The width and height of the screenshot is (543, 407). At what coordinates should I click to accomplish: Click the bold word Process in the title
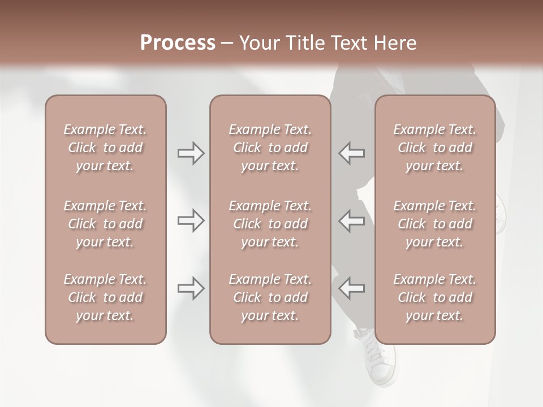click(x=178, y=43)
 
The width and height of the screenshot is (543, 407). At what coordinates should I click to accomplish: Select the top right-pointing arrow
click(x=191, y=153)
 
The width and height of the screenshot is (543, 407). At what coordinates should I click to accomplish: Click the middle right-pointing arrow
click(x=191, y=220)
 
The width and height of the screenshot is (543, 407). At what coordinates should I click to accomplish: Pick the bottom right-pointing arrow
click(x=191, y=288)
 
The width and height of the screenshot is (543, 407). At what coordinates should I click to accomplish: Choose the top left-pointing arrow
click(x=351, y=153)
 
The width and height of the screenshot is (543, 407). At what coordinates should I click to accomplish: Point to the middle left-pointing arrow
click(x=351, y=220)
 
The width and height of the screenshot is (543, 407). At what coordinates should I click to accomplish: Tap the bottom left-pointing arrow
click(x=351, y=288)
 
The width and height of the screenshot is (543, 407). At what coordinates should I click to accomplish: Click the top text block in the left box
click(x=105, y=148)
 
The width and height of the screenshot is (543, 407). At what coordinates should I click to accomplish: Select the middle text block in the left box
click(x=105, y=224)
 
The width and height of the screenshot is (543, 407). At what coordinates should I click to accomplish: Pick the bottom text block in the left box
click(x=105, y=297)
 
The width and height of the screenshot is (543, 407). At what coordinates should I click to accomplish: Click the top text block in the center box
click(x=270, y=148)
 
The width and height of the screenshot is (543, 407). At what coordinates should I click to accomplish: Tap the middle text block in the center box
click(x=270, y=224)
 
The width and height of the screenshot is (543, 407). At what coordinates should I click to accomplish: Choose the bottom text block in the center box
click(x=270, y=297)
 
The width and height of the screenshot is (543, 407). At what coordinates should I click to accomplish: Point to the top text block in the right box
click(x=435, y=148)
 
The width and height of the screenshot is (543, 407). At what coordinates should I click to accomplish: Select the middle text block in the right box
click(x=435, y=224)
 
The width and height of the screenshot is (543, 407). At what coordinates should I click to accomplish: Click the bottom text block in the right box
click(x=435, y=297)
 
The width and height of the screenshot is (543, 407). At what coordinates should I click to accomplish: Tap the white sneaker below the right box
click(x=379, y=362)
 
